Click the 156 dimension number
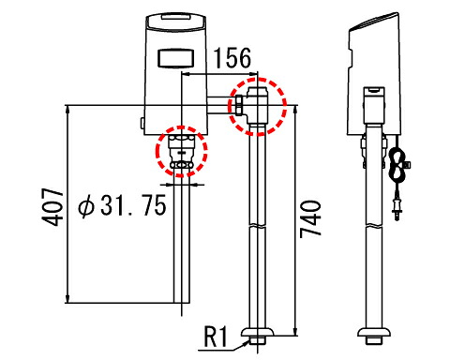[x=232, y=58]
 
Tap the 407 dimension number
[x=52, y=206]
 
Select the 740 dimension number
[x=310, y=219]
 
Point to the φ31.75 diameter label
[x=122, y=205]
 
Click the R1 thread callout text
[x=216, y=337]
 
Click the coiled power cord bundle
[x=397, y=166]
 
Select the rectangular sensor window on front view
[x=176, y=58]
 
